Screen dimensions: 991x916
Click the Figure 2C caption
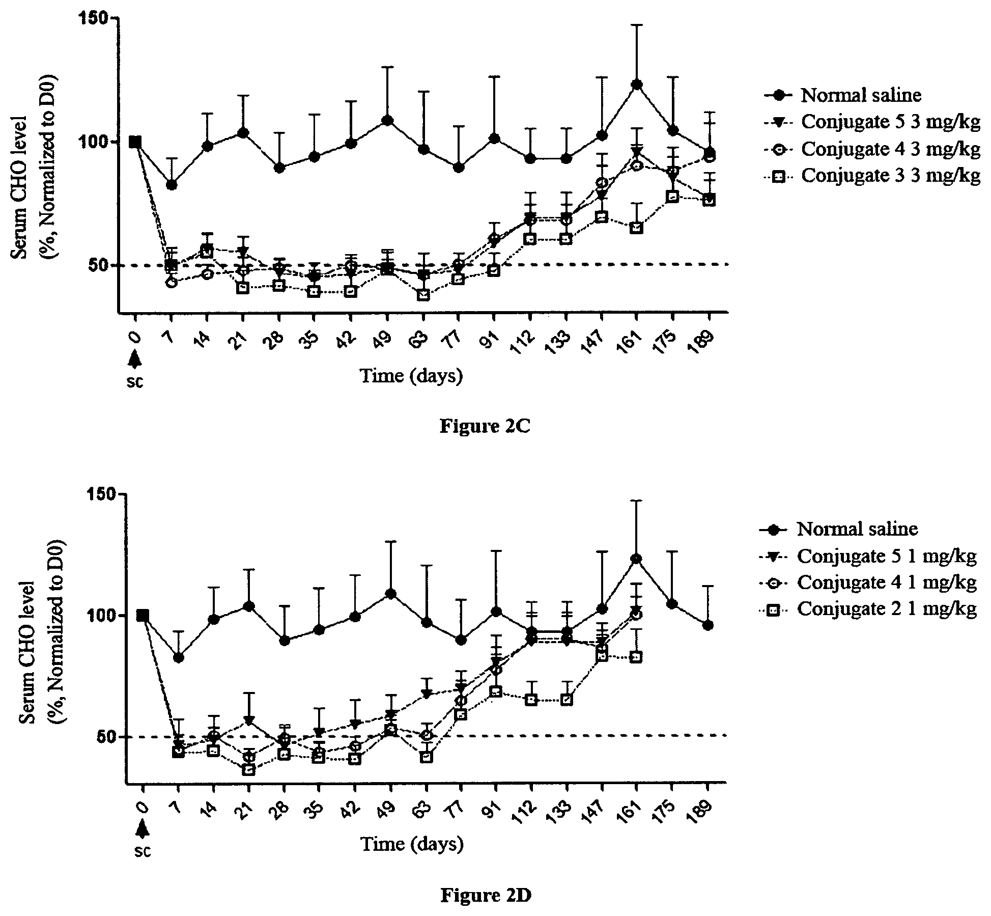(485, 426)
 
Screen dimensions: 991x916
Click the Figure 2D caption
(486, 894)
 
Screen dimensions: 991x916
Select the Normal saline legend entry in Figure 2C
(843, 95)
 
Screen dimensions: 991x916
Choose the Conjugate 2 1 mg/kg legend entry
(868, 609)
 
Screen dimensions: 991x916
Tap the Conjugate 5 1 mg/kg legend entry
(868, 556)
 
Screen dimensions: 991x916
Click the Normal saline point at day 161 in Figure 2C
(636, 84)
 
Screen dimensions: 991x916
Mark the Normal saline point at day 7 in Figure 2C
(172, 184)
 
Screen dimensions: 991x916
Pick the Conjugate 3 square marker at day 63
(423, 295)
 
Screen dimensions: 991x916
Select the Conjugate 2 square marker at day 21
(249, 770)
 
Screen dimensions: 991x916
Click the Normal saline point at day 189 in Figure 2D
(708, 625)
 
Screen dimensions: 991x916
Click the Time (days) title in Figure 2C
(412, 376)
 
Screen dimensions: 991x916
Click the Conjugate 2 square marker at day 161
(636, 657)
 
